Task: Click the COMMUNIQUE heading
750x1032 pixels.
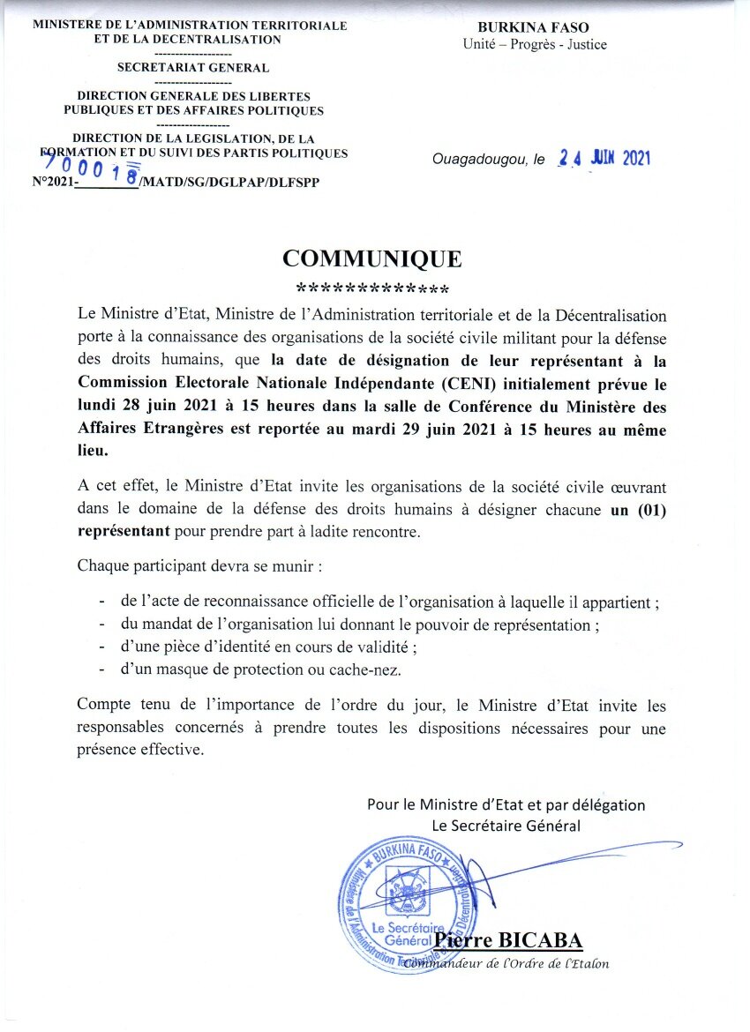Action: tap(371, 258)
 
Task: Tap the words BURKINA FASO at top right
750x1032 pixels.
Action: tap(535, 27)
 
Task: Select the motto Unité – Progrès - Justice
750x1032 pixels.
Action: tap(535, 44)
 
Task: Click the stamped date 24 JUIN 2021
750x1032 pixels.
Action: tap(604, 159)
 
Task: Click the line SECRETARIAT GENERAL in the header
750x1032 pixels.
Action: tap(193, 67)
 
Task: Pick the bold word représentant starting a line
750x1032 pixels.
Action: tap(124, 532)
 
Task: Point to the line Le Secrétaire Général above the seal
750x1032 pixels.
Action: tap(506, 826)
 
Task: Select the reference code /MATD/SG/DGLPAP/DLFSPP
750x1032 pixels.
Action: tap(230, 182)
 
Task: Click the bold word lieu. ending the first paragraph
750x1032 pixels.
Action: tap(94, 450)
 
